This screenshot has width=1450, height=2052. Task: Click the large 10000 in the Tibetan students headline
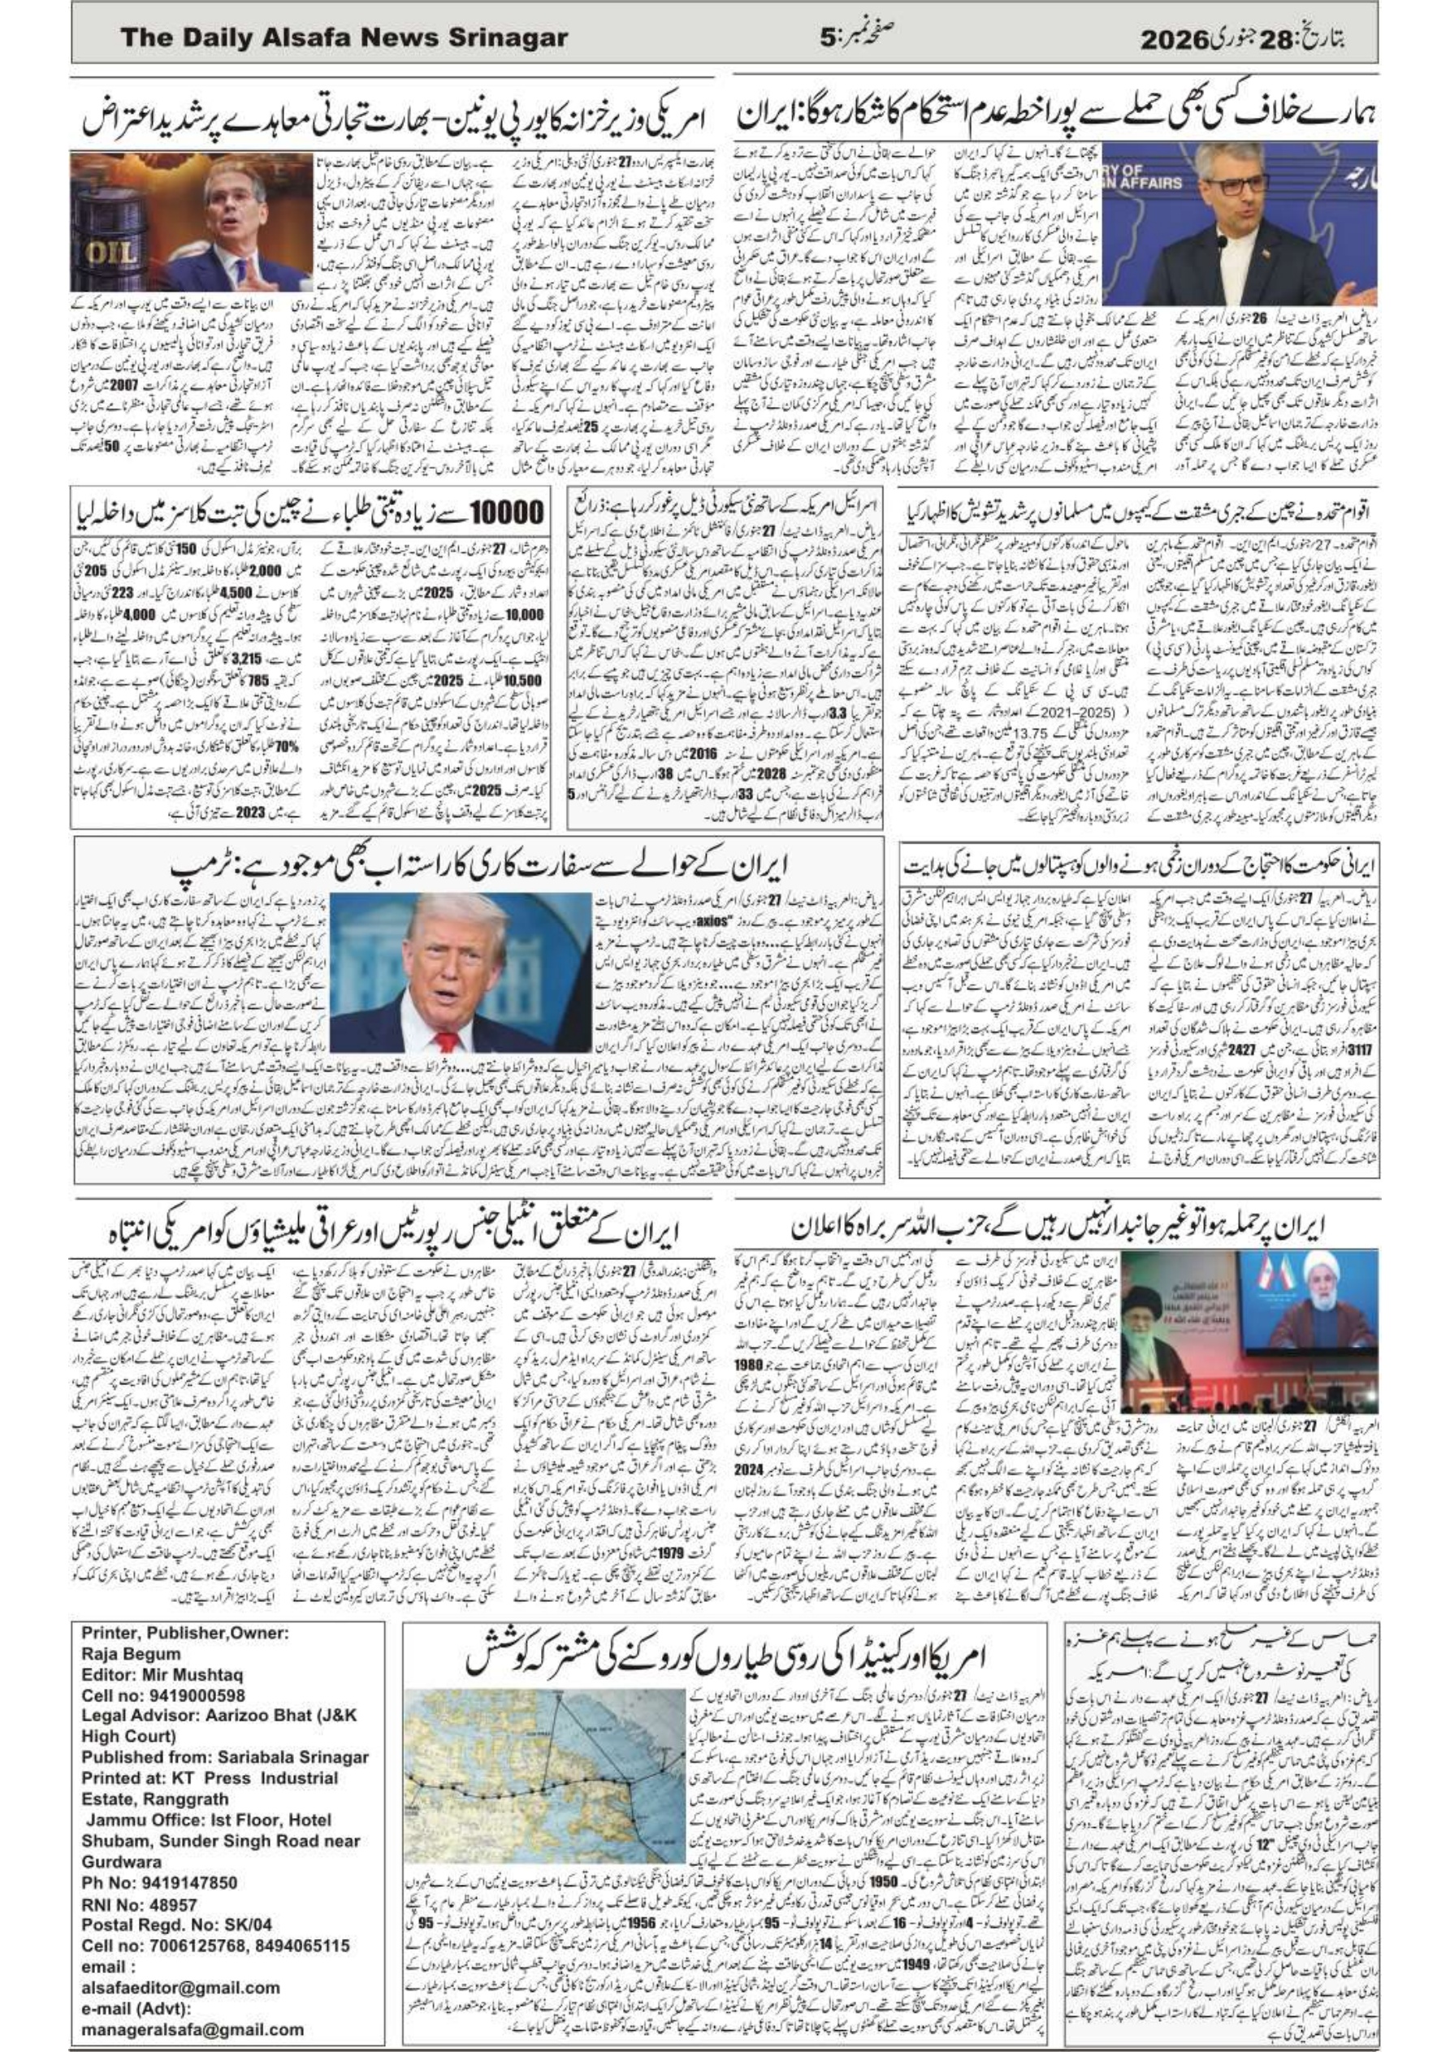tap(506, 513)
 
